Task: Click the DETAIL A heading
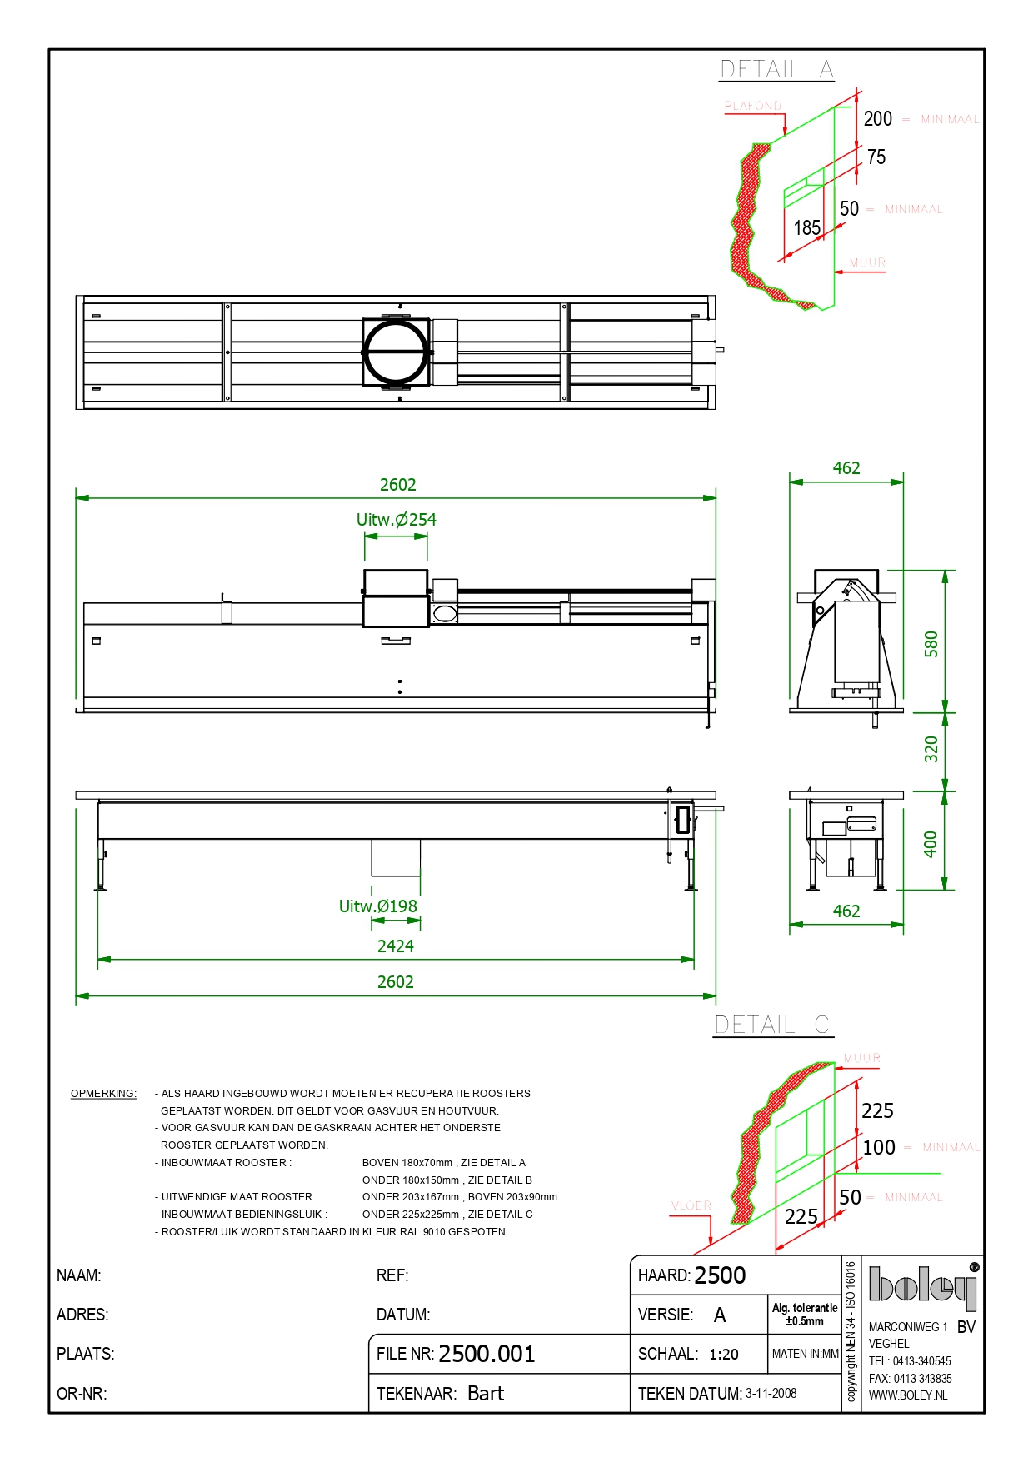[776, 70]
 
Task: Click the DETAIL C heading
[771, 1025]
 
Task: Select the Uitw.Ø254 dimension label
[397, 520]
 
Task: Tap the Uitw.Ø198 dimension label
[378, 906]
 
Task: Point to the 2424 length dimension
[396, 946]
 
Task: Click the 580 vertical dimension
[931, 644]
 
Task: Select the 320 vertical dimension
[931, 750]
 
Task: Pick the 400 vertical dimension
[931, 844]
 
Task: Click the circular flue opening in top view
[397, 352]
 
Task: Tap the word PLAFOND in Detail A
[753, 106]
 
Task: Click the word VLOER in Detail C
[691, 1205]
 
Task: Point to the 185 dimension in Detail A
[806, 228]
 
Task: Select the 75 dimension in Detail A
[876, 157]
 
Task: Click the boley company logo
[922, 1285]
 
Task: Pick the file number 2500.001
[487, 1354]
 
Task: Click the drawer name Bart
[486, 1394]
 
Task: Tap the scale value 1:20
[724, 1355]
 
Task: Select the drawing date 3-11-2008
[771, 1394]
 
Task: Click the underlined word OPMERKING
[103, 1094]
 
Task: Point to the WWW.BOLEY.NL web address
[908, 1395]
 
